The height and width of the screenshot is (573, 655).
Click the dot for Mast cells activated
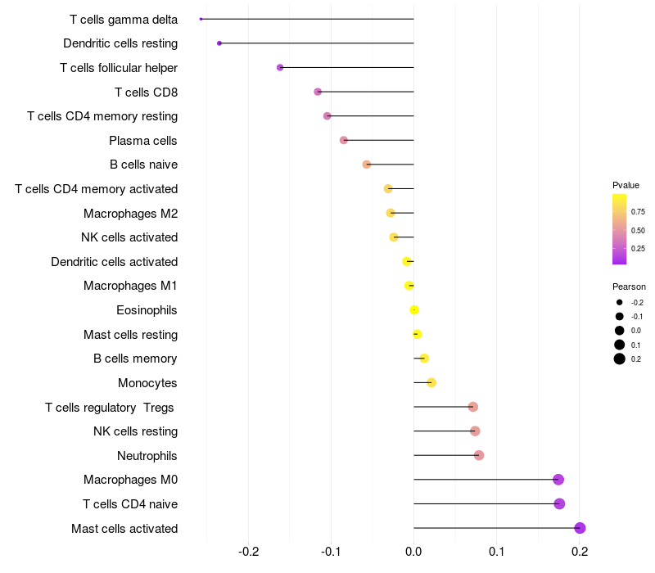(580, 528)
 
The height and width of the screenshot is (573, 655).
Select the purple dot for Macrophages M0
(558, 480)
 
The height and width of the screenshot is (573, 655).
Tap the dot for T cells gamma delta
(201, 19)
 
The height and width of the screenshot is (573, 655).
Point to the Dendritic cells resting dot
(219, 43)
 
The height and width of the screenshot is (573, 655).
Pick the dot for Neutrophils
(479, 455)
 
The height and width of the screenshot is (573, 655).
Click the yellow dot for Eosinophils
(414, 309)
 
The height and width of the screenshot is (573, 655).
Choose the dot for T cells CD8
(318, 92)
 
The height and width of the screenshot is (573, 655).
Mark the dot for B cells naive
(367, 165)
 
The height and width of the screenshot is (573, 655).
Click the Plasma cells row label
(143, 141)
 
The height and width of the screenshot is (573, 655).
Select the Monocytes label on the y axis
(147, 383)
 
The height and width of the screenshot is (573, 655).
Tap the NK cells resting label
(135, 431)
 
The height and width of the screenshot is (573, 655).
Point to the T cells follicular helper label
(119, 68)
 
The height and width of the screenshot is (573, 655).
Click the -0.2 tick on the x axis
(249, 552)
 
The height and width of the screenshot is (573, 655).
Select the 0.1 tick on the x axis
(497, 552)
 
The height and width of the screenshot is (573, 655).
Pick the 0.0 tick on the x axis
(414, 552)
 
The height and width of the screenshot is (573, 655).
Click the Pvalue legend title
(626, 185)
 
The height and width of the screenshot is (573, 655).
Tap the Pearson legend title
(629, 286)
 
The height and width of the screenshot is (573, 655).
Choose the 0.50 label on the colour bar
(638, 230)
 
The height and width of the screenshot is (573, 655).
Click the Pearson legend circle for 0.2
(620, 359)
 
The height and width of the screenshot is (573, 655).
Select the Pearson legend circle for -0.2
(620, 302)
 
